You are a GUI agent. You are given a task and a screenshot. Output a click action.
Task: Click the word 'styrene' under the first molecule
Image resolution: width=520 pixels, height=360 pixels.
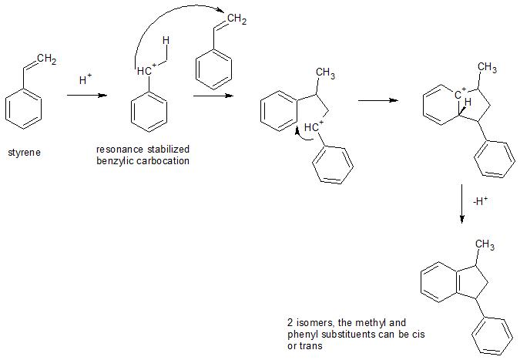(x=24, y=152)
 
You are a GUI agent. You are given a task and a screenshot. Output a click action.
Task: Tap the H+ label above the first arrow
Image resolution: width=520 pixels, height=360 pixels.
(x=86, y=79)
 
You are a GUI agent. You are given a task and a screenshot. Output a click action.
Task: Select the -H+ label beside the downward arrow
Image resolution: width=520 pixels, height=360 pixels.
(x=481, y=203)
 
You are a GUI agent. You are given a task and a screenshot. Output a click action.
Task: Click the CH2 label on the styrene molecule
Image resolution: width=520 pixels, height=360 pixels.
(x=45, y=59)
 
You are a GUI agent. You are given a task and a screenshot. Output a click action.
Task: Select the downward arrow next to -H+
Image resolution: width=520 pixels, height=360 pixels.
(x=461, y=204)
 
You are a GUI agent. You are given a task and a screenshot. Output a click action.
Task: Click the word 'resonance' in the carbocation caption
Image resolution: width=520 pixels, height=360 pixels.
(x=117, y=149)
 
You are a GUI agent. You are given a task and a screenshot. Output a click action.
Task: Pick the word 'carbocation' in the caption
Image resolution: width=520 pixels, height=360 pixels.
(x=165, y=160)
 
